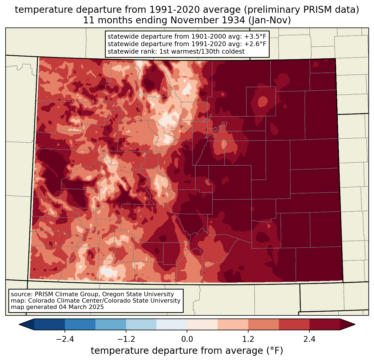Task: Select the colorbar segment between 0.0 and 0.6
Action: [202, 325]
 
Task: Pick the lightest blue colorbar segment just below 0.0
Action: [172, 325]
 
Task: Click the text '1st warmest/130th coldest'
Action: [202, 51]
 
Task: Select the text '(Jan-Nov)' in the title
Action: [270, 20]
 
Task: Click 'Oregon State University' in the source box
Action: [138, 294]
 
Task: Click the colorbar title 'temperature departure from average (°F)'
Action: [187, 350]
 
